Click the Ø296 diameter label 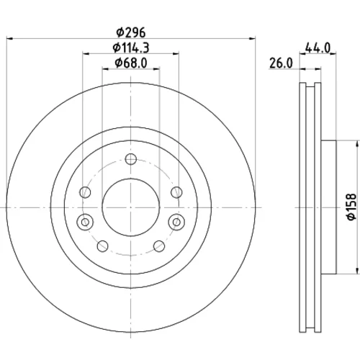pos(131,32)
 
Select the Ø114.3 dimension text pos(131,48)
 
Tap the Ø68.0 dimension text pos(131,63)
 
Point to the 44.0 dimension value pos(318,48)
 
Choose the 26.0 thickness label pos(281,63)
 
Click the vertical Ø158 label pos(351,207)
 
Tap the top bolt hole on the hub pos(131,159)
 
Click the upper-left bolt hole pos(85,192)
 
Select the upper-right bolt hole pos(176,192)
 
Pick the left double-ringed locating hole pos(85,222)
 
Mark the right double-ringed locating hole pos(176,222)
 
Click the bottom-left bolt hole pos(103,246)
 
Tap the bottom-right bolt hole pos(159,246)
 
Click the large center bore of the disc pos(131,207)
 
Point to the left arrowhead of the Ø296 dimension pos(9,38)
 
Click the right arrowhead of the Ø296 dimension pos(253,38)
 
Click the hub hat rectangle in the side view pos(328,207)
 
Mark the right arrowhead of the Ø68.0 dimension pos(157,69)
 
